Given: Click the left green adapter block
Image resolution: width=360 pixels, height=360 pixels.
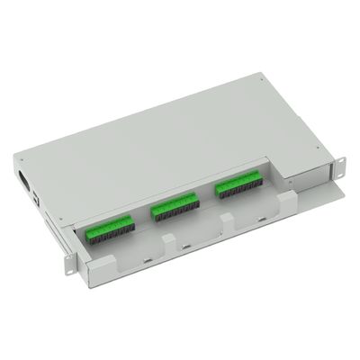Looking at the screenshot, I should tap(116, 227).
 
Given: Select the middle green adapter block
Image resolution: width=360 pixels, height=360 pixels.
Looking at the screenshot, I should tap(174, 207).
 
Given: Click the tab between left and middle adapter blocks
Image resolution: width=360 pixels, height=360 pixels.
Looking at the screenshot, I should tap(167, 241).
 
